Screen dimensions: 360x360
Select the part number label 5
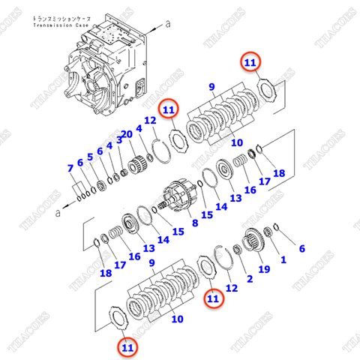90,157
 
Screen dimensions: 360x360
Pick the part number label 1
283,260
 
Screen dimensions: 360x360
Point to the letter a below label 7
58,213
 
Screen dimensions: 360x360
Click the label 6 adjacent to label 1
302,248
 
